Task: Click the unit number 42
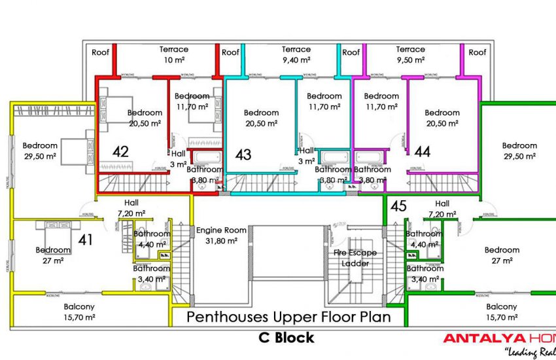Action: pyautogui.click(x=120, y=152)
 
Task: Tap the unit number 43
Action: pyautogui.click(x=243, y=154)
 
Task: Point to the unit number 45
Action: pyautogui.click(x=398, y=206)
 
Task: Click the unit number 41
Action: pyautogui.click(x=85, y=240)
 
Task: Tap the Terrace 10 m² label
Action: pyautogui.click(x=174, y=54)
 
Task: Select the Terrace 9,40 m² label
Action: pyautogui.click(x=296, y=54)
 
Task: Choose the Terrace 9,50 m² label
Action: pyautogui.click(x=410, y=54)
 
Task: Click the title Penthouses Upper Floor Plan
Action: pyautogui.click(x=289, y=317)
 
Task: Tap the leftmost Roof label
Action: pyautogui.click(x=100, y=52)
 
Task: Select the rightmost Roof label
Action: pyautogui.click(x=478, y=52)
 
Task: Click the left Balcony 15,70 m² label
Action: pyautogui.click(x=79, y=312)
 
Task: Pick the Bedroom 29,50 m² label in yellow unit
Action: pyautogui.click(x=40, y=151)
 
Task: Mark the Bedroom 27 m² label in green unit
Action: pyautogui.click(x=502, y=255)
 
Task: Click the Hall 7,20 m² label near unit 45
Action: pyautogui.click(x=442, y=209)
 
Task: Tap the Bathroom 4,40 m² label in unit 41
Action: pyautogui.click(x=152, y=239)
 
